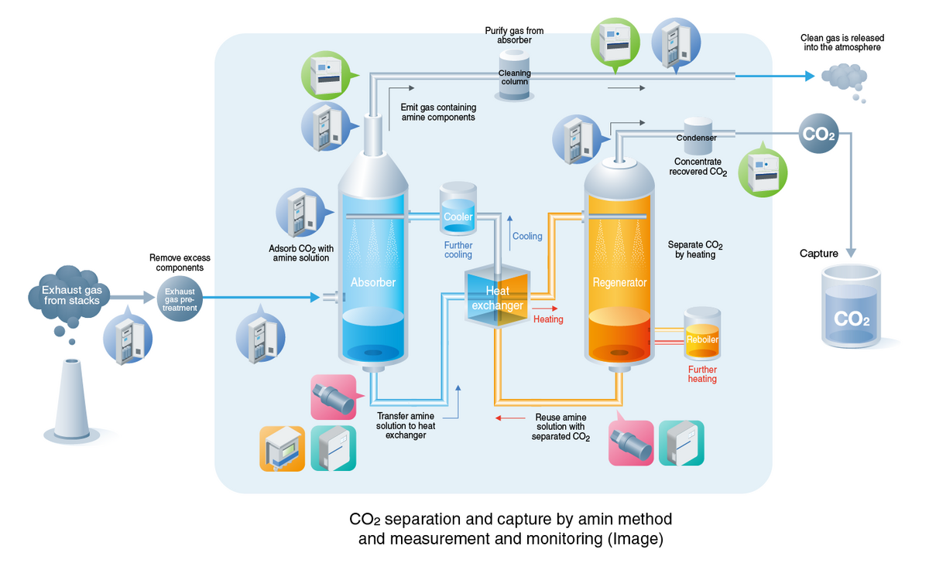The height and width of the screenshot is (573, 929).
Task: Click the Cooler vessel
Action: point(458,209)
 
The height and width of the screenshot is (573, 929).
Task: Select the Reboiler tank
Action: point(702,334)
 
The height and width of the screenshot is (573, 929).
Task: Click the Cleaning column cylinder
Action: point(513,75)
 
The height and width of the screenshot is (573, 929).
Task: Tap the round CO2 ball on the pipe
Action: point(818,133)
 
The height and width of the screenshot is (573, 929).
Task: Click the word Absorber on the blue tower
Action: point(373,283)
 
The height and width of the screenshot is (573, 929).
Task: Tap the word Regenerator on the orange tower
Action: point(619,283)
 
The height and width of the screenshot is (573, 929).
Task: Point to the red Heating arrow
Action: point(546,307)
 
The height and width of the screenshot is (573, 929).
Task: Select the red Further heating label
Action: point(702,374)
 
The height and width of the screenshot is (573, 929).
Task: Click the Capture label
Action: point(819,254)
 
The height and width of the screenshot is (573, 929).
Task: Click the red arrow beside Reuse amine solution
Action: point(509,418)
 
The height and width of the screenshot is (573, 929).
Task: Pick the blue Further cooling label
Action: point(458,249)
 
